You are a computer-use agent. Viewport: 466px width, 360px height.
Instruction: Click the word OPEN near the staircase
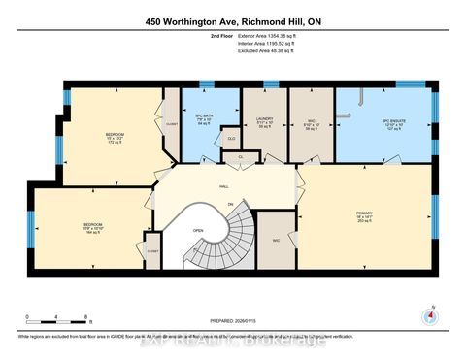(198, 230)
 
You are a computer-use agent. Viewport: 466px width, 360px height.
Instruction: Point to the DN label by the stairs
(229, 203)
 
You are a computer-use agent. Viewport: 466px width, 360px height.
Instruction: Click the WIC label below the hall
(277, 239)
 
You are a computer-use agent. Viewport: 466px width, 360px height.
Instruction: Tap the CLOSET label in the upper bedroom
(173, 124)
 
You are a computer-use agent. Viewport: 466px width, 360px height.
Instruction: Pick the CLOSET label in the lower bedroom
(152, 251)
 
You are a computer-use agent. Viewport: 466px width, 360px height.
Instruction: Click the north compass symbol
(427, 314)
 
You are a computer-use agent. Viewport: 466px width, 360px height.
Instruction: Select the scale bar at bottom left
(58, 319)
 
